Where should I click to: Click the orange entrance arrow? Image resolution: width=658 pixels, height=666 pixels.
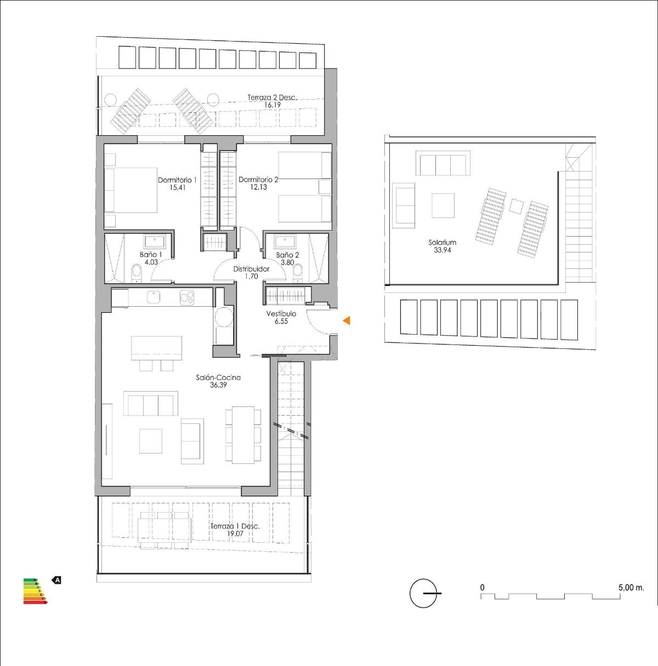point(347,321)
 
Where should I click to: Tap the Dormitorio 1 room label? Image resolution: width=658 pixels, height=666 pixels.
point(177,180)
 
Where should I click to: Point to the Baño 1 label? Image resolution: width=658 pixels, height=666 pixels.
point(151,255)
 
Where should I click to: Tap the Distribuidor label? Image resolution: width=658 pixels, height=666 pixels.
point(251,269)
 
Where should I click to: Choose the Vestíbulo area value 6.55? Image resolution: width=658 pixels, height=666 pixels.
point(281,321)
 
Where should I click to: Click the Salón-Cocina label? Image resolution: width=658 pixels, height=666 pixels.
point(218,377)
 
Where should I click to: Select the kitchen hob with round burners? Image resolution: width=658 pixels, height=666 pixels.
point(188,297)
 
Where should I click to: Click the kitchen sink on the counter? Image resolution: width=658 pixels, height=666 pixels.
point(153,297)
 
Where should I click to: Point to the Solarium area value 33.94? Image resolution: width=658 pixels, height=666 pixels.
point(442,250)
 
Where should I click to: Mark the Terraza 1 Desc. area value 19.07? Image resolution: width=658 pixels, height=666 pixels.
point(235,533)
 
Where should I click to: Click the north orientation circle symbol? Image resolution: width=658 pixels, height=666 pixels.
point(423,593)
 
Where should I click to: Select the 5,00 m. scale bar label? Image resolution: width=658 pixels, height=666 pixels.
point(631,587)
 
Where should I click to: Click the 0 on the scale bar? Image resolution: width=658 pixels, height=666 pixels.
point(483,587)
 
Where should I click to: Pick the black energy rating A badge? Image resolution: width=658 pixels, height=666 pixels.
point(56,579)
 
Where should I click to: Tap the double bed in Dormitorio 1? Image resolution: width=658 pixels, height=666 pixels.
point(132,190)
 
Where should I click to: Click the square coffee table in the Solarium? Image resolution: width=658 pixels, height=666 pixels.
point(443,205)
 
